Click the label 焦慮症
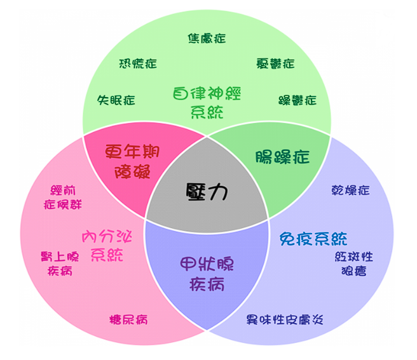207,38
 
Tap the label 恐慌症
138,63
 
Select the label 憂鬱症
275,63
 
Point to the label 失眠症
116,100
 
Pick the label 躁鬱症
297,100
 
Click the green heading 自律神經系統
207,102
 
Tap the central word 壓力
207,192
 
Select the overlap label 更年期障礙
132,161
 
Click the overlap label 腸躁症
282,157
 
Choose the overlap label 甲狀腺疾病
207,274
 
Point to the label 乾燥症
350,190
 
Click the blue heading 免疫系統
313,239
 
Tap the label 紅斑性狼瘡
354,264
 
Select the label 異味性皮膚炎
285,319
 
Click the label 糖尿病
128,319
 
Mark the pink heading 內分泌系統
107,246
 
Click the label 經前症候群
63,197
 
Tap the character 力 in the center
218,192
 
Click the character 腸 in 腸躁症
263,157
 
